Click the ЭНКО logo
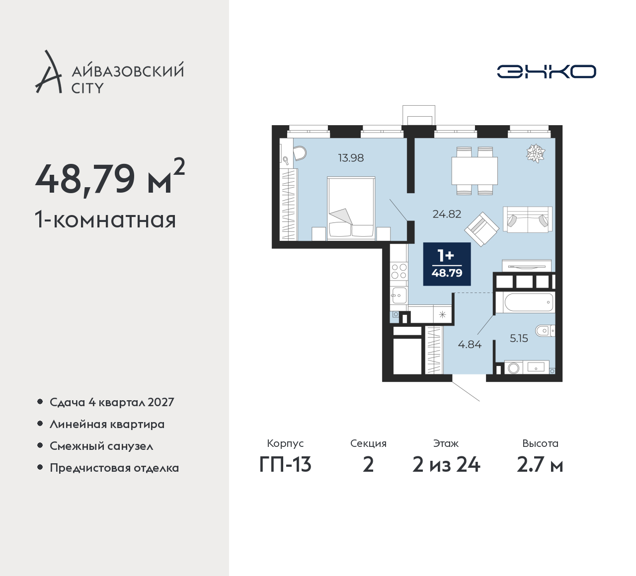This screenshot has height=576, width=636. click(x=546, y=72)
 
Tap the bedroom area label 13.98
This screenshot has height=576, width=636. click(x=351, y=157)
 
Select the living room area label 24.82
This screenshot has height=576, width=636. click(x=447, y=214)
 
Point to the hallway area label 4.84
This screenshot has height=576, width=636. click(x=470, y=345)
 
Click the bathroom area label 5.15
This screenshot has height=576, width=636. click(x=519, y=338)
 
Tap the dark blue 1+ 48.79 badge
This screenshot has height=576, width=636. click(x=447, y=264)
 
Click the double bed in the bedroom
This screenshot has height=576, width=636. click(x=351, y=208)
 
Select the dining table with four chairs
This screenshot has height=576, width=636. click(x=475, y=170)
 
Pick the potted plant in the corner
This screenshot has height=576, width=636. click(x=536, y=153)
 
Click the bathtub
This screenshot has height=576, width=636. click(x=529, y=302)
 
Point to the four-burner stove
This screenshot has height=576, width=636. click(x=399, y=271)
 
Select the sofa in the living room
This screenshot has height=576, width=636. click(x=528, y=219)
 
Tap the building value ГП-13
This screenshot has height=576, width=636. click(x=285, y=465)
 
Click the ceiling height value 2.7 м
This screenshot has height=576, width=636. click(x=540, y=465)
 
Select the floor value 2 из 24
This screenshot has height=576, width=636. click(x=446, y=465)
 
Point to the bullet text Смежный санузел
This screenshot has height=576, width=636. click(x=101, y=446)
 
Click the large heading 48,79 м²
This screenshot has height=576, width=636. click(x=110, y=177)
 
